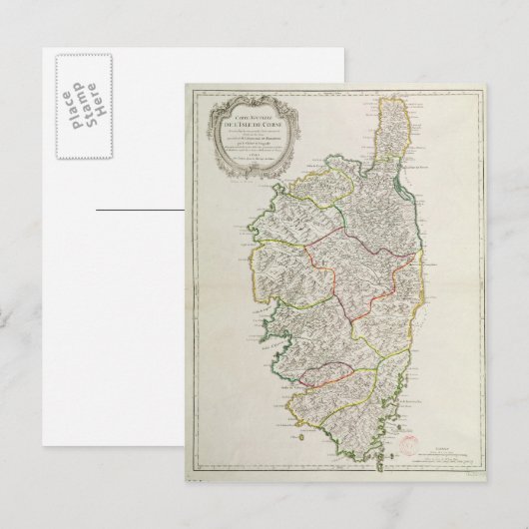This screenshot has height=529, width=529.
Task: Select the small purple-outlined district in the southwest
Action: (325, 375)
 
